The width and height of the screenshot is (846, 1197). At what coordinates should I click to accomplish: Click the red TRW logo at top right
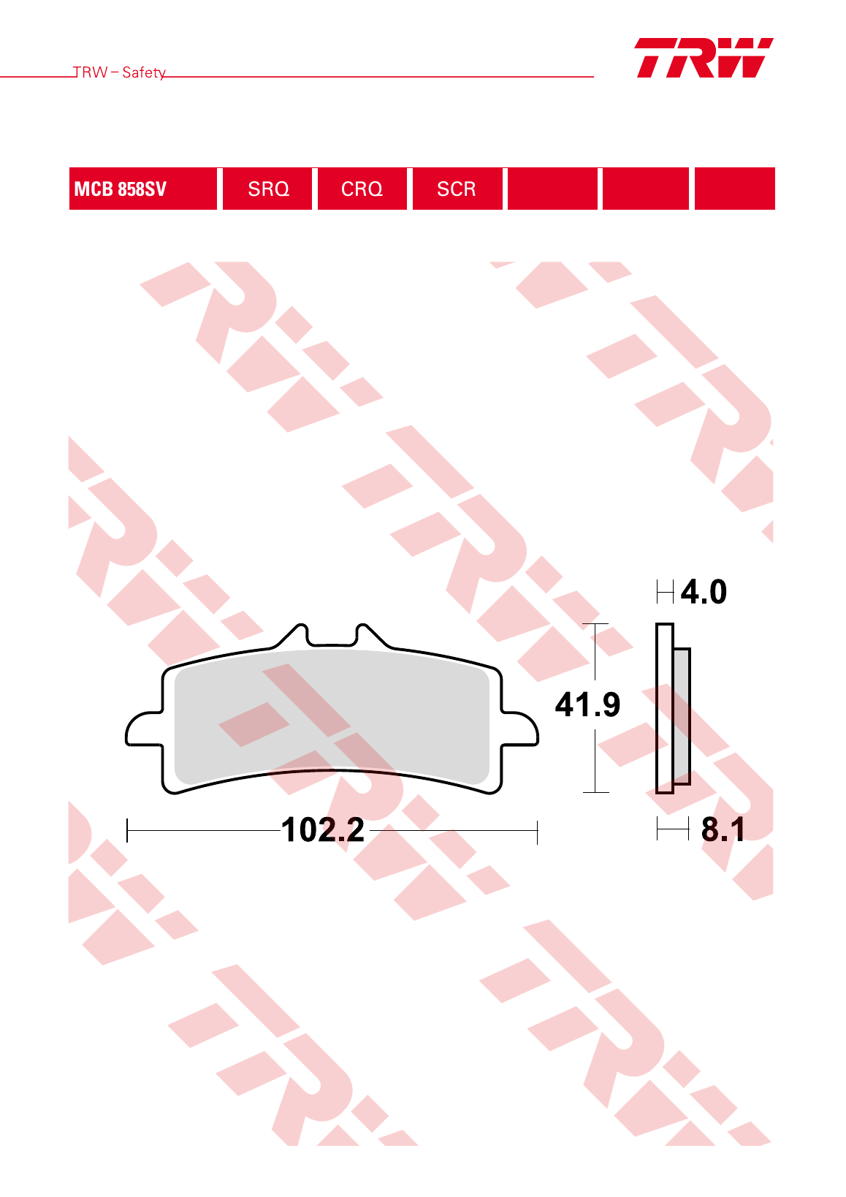(704, 58)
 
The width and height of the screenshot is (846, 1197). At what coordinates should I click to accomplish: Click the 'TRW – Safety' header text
(119, 72)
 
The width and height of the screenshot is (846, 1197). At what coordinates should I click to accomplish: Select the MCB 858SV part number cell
(143, 189)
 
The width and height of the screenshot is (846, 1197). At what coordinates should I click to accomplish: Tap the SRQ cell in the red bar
(267, 189)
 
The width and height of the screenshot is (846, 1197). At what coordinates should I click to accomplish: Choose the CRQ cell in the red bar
(362, 189)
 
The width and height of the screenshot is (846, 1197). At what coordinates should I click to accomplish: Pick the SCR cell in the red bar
(457, 189)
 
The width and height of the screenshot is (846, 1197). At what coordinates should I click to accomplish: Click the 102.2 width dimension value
(323, 830)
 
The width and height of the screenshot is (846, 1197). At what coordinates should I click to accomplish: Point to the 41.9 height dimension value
(587, 704)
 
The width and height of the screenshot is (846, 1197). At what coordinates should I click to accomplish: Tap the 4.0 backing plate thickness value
(704, 591)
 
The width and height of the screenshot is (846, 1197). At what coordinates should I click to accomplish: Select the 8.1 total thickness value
(723, 829)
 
